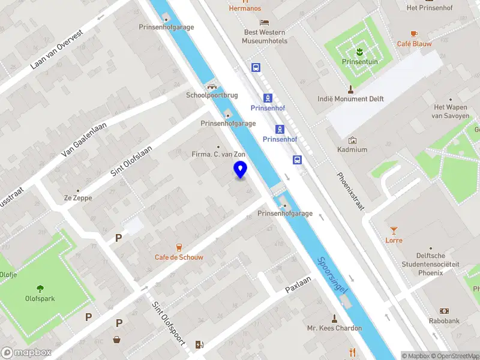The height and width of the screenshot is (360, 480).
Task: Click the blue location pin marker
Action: (241, 170)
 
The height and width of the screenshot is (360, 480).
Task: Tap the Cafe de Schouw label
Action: (179, 257)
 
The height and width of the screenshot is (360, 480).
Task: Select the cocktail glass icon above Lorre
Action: (394, 230)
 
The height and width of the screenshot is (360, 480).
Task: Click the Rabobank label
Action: (445, 321)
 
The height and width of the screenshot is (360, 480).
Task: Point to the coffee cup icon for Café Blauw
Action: (414, 34)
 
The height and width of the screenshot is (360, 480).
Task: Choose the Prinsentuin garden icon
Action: (359, 50)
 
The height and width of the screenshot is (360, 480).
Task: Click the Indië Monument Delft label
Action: (350, 99)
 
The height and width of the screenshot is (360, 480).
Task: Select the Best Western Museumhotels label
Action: (265, 37)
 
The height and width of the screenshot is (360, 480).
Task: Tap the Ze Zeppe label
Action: (77, 197)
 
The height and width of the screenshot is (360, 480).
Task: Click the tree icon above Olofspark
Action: (40, 288)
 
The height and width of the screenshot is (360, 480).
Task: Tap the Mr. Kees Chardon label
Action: (334, 328)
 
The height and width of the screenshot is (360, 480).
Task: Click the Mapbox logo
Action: (26, 353)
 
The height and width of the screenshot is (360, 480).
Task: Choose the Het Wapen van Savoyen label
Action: (451, 112)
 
